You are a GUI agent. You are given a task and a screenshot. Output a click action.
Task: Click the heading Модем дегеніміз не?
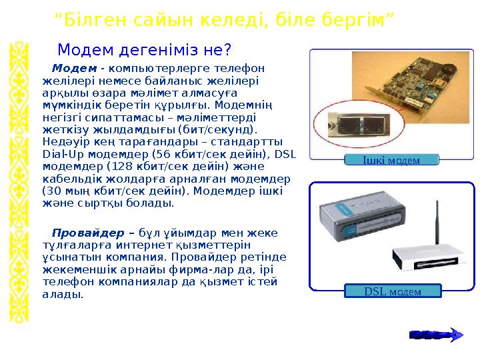click(x=144, y=50)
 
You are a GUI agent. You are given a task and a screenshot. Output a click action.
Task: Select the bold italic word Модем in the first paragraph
click(x=74, y=68)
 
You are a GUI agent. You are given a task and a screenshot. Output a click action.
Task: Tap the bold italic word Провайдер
click(x=88, y=233)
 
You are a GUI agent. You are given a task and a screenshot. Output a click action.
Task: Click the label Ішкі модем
click(x=391, y=160)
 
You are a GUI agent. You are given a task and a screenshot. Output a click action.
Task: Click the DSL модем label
click(x=393, y=291)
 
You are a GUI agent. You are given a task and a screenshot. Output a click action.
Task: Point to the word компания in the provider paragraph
click(x=137, y=257)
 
